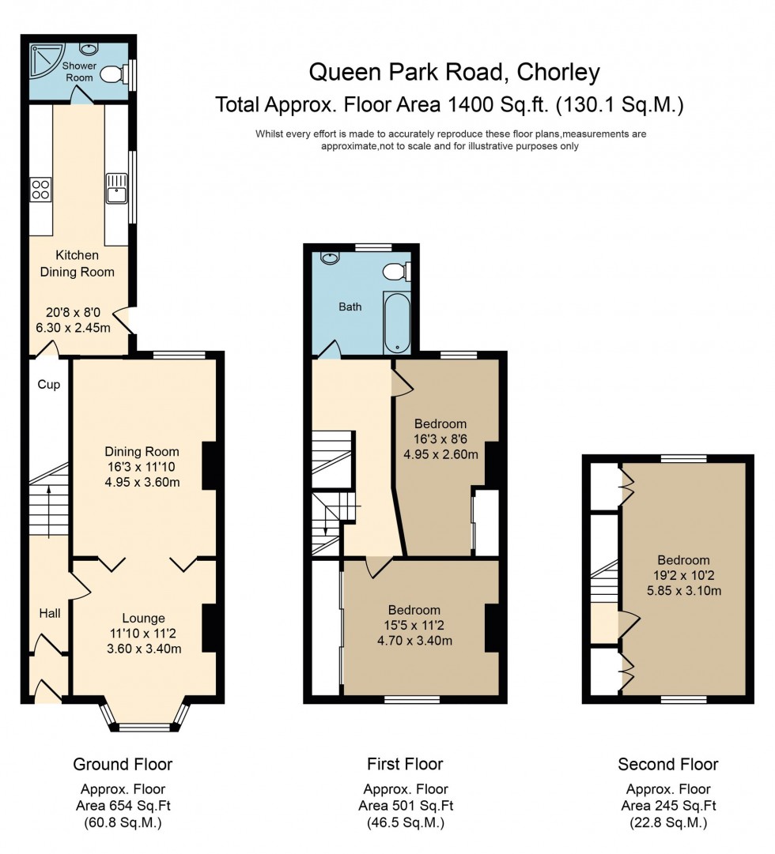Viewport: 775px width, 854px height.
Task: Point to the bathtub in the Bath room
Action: pos(397,324)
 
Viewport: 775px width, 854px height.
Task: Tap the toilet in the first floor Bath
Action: pos(395,272)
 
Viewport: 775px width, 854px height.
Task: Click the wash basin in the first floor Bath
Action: pos(330,258)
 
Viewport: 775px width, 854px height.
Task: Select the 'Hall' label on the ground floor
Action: pos(50,612)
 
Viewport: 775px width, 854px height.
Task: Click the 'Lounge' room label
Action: pos(143,619)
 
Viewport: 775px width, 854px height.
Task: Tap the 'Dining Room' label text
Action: pos(142,452)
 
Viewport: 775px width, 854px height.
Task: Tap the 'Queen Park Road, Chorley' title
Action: pos(454,73)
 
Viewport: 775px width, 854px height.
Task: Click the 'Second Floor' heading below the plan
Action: pos(668,764)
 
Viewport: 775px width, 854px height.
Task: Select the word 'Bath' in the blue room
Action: pos(350,307)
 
